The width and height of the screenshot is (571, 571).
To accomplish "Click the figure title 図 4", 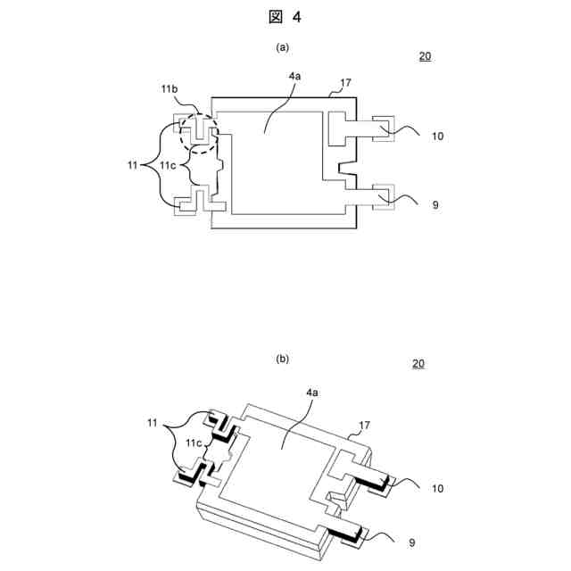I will coord(285,15).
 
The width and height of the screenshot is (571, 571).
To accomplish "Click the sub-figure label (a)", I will coord(283,46).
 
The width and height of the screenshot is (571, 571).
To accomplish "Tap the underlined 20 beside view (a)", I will coord(425,56).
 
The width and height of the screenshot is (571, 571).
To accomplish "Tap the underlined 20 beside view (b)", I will coord(419,364).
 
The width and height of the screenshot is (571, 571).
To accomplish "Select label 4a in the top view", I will coord(294,78).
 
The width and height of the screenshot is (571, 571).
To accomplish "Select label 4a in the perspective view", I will coord(312,393).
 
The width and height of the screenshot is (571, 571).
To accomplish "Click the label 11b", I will coord(170,91).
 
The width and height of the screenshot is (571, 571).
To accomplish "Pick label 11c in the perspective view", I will coord(193,443).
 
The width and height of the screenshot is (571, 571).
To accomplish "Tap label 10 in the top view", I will coord(437,136).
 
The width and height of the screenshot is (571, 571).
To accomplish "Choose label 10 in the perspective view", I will coord(437,488).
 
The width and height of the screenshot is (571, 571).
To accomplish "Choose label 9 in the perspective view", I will coord(410,542).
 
